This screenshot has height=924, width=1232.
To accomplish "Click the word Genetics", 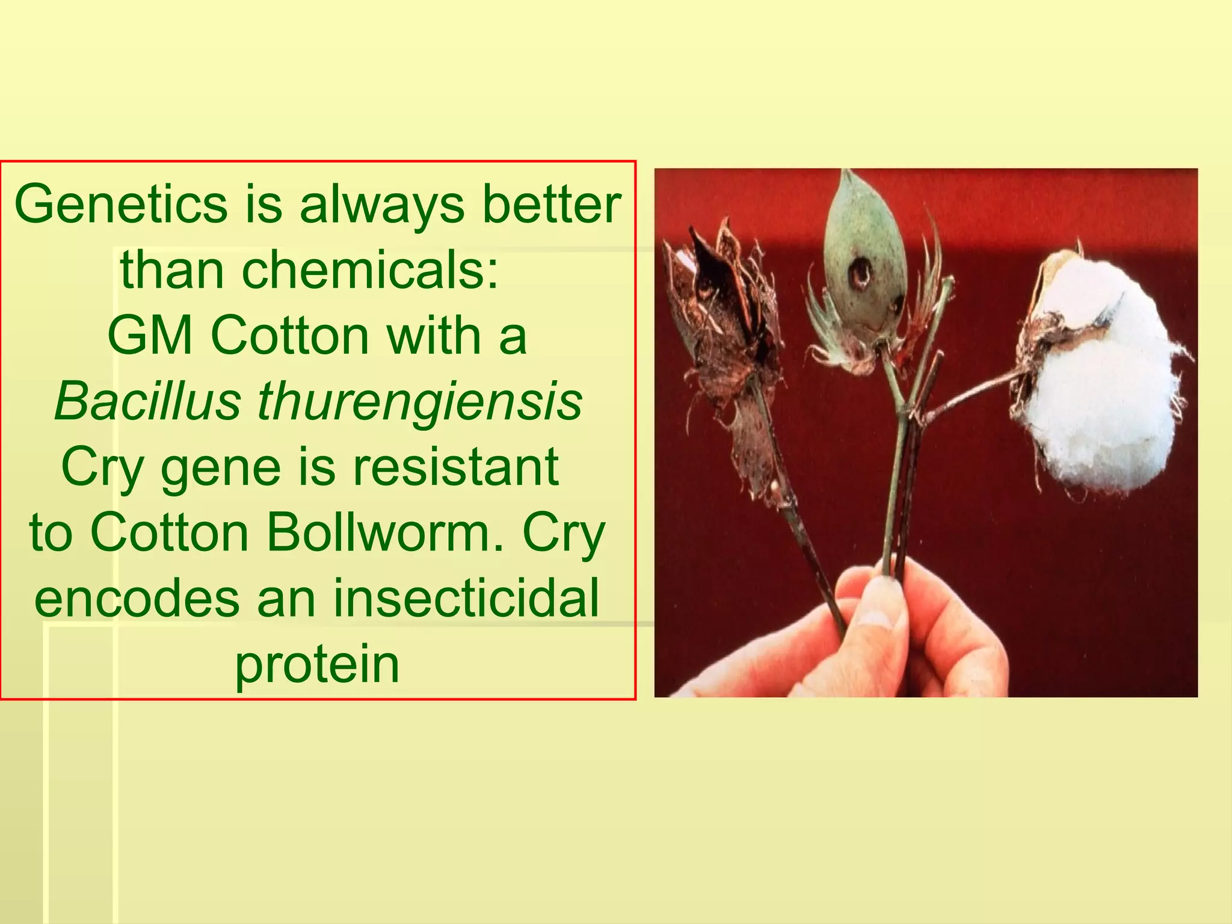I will click(x=120, y=205).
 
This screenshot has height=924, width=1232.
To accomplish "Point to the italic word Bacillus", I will click(x=147, y=401).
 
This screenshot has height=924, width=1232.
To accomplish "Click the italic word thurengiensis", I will click(x=420, y=402).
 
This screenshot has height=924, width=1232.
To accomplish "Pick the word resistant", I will click(x=455, y=467).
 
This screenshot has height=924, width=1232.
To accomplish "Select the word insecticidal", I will click(x=466, y=599).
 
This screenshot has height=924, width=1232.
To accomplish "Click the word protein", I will click(x=317, y=667).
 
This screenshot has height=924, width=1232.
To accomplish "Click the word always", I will click(x=383, y=205).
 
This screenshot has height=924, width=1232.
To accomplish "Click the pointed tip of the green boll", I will click(x=848, y=175).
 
